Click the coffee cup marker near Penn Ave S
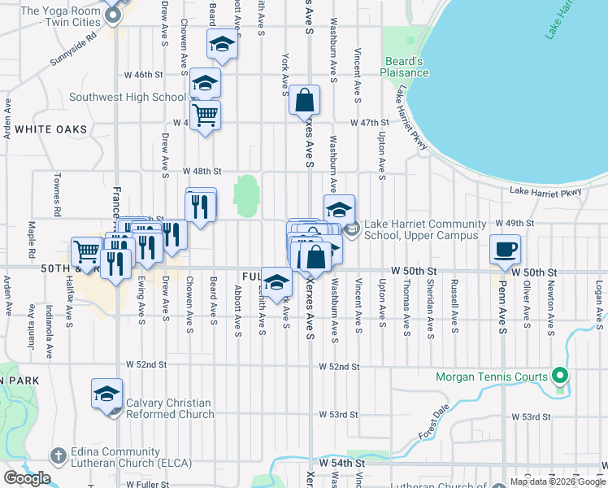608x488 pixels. tap(505, 248)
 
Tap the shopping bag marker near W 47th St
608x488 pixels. tap(304, 101)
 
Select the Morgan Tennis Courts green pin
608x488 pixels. tap(559, 377)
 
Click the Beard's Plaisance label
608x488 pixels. tap(404, 67)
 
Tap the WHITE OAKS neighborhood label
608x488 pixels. tap(50, 129)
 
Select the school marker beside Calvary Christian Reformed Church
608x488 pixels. tap(106, 394)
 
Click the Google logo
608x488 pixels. tap(27, 478)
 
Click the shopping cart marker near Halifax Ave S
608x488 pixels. tap(86, 250)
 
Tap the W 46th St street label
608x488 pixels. tap(144, 75)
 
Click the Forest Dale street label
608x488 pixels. tap(434, 424)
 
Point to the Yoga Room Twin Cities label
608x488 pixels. tap(59, 17)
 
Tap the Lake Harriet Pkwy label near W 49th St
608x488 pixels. tap(545, 192)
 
